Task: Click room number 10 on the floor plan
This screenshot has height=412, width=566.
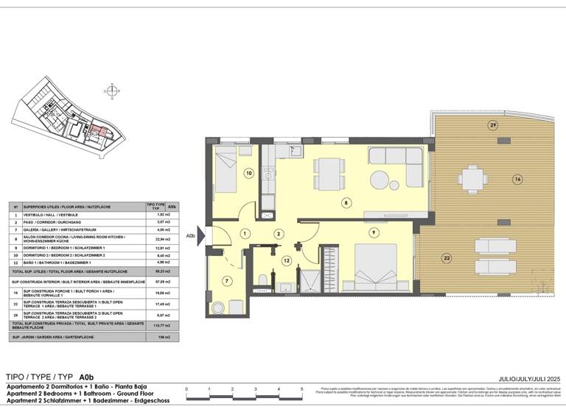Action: click(x=249, y=174)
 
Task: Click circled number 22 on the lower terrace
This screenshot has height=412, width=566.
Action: click(x=447, y=257)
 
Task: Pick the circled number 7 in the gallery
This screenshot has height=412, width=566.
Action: click(x=228, y=280)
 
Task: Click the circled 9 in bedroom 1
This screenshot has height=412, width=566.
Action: click(x=374, y=233)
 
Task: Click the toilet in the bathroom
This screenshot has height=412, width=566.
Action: click(x=263, y=279)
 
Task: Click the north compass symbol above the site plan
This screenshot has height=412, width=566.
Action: click(x=111, y=91)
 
